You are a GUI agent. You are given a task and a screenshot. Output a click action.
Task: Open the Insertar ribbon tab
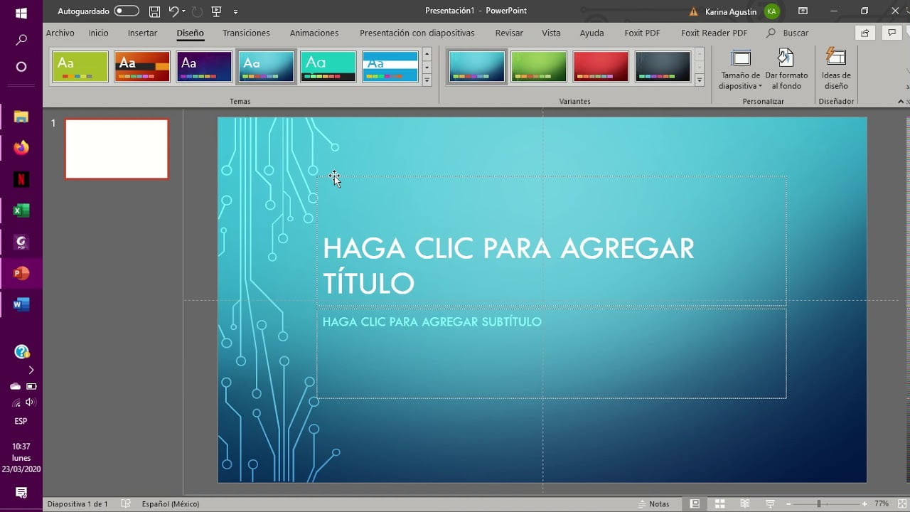[142, 33]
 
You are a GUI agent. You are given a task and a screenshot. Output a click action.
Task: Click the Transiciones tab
[246, 33]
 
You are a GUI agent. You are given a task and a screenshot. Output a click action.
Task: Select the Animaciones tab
[314, 33]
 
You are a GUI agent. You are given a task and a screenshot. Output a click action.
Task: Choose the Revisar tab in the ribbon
[509, 33]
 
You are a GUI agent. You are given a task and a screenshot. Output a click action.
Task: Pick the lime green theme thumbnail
[80, 66]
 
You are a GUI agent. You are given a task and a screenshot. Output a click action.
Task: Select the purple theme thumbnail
[204, 66]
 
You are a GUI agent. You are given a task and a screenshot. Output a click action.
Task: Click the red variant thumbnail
[601, 66]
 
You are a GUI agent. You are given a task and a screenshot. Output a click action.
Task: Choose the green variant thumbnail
[538, 66]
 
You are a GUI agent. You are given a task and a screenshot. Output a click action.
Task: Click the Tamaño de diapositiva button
[740, 69]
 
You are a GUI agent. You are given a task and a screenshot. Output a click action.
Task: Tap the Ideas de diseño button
[836, 69]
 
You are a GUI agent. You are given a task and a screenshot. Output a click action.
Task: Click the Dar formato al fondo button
[786, 69]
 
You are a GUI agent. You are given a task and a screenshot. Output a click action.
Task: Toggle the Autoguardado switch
[127, 11]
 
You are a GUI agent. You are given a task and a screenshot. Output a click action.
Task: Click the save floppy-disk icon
[154, 11]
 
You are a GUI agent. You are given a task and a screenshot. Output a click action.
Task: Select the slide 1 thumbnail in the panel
[117, 149]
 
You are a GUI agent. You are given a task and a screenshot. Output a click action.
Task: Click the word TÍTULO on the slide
[368, 283]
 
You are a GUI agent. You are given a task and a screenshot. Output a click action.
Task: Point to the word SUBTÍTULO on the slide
[511, 322]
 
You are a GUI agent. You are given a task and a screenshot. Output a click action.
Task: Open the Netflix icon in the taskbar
[21, 179]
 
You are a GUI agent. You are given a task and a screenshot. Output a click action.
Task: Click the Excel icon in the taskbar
[21, 210]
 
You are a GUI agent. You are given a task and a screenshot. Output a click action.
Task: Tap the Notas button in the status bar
[653, 504]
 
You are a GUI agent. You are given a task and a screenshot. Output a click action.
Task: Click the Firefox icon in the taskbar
[21, 147]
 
